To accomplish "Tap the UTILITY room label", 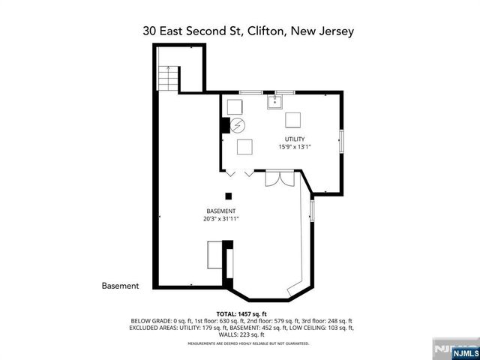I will click(294, 139).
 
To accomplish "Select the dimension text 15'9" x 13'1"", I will click(294, 147).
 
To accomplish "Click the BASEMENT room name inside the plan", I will click(220, 211).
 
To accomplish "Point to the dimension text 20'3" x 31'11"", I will click(220, 220).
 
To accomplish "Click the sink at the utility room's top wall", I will click(276, 103).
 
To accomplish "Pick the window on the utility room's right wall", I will click(341, 140).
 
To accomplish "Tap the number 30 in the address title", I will click(150, 31).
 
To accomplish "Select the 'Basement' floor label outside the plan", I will click(120, 286).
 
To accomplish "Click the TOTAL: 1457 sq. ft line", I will click(241, 313).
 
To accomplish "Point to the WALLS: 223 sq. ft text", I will click(241, 334).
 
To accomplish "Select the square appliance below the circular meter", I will click(244, 146).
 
